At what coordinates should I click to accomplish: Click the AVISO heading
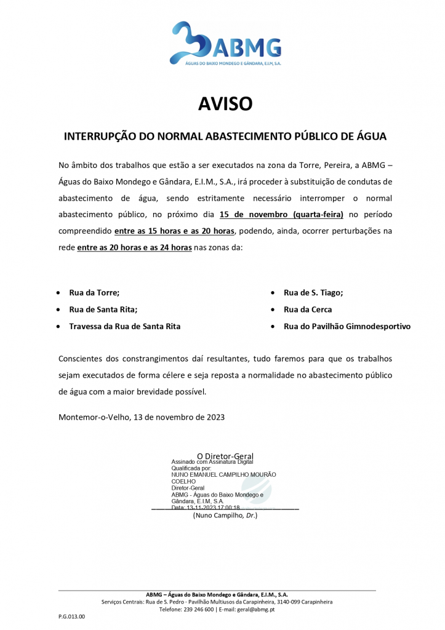[x=225, y=104]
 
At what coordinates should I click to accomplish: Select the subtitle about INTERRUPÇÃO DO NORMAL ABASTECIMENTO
[x=225, y=137]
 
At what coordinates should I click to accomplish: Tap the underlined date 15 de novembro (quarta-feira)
[x=283, y=215]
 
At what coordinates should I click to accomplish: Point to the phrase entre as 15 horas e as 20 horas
[x=174, y=231]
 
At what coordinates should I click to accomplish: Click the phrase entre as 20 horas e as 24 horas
[x=134, y=247]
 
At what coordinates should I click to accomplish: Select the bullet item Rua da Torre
[x=94, y=293]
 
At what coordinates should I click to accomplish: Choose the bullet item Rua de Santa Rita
[x=103, y=309]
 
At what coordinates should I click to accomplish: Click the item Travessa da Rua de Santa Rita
[x=124, y=327]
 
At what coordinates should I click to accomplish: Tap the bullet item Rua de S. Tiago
[x=313, y=293]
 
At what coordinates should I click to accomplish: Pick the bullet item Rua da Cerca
[x=307, y=309]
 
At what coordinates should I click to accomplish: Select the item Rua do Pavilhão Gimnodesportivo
[x=347, y=327]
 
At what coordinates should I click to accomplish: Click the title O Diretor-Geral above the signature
[x=225, y=456]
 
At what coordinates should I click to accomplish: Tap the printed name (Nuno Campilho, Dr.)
[x=225, y=515]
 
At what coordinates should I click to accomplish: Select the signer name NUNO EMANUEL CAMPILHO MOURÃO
[x=223, y=474]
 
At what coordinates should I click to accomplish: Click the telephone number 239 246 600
[x=197, y=609]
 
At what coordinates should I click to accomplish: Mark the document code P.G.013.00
[x=72, y=616]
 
